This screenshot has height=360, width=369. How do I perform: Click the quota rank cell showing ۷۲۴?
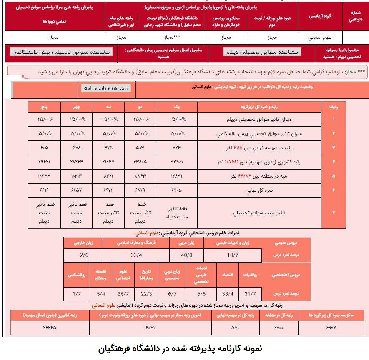point(176,148)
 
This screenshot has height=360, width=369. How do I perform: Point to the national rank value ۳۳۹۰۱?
point(176,162)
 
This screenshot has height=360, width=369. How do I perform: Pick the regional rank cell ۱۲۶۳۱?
point(176,176)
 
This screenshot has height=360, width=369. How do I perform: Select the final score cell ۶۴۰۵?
point(176,190)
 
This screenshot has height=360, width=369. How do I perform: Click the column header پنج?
point(44,106)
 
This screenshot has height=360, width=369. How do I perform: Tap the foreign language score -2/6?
point(83,254)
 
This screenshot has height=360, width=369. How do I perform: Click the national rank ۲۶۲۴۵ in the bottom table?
point(50,328)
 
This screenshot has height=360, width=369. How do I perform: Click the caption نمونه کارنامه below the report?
point(184,348)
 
